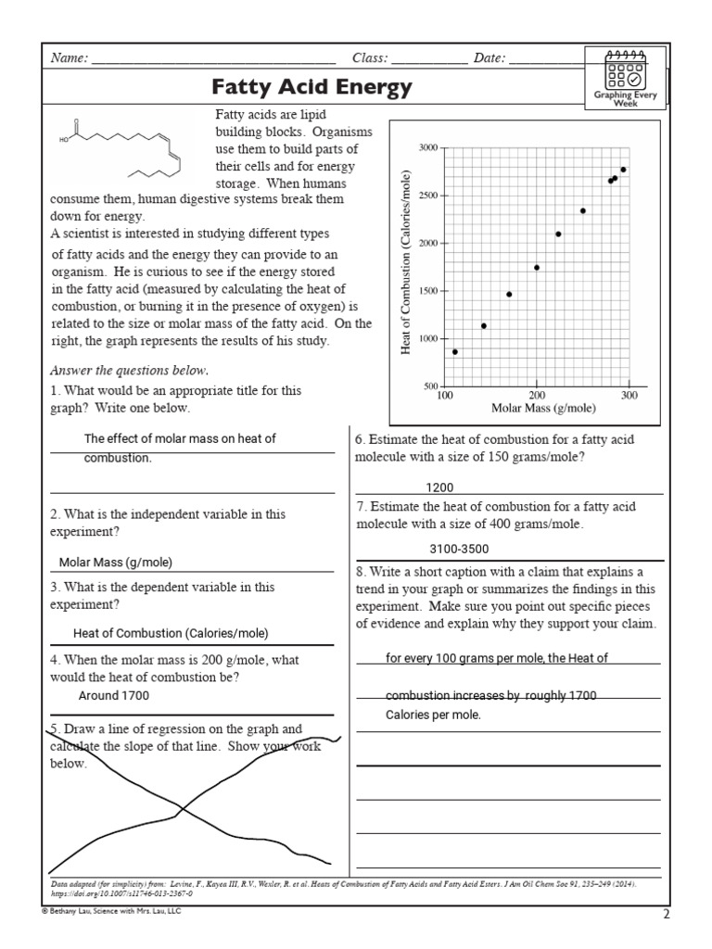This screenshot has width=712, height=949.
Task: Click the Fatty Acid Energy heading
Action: click(311, 89)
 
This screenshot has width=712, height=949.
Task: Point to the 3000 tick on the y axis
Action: click(428, 147)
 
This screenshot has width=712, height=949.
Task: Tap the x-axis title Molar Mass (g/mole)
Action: click(543, 408)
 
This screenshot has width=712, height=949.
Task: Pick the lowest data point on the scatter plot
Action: click(454, 352)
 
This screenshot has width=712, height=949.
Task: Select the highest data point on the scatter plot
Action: click(623, 170)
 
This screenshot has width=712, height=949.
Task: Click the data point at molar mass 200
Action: click(537, 268)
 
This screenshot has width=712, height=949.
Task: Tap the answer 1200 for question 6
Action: click(439, 487)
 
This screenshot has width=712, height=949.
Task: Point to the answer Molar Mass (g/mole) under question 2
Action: click(116, 563)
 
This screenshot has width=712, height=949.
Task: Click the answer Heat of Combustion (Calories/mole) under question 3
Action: click(171, 634)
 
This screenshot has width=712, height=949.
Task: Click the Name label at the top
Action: click(68, 58)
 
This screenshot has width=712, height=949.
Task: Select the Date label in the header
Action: click(489, 58)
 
